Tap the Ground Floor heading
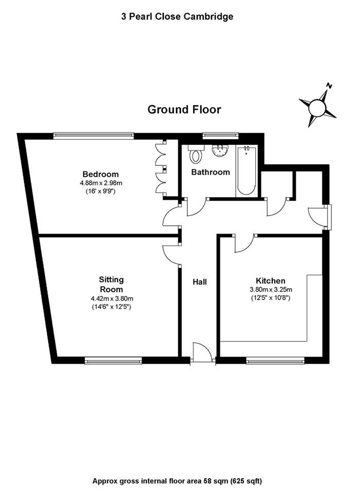[184, 109]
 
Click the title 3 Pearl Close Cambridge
[177, 16]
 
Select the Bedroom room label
[101, 174]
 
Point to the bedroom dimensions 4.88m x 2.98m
[101, 183]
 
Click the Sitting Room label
[111, 285]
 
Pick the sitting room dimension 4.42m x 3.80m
[111, 298]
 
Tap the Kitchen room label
[270, 281]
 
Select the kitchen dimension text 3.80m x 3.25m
[270, 289]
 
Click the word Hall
[200, 282]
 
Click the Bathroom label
[211, 172]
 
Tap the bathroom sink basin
[220, 149]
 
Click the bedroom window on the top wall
[93, 136]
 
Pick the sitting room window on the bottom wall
[113, 361]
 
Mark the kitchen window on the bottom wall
[275, 361]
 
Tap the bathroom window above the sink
[221, 136]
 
